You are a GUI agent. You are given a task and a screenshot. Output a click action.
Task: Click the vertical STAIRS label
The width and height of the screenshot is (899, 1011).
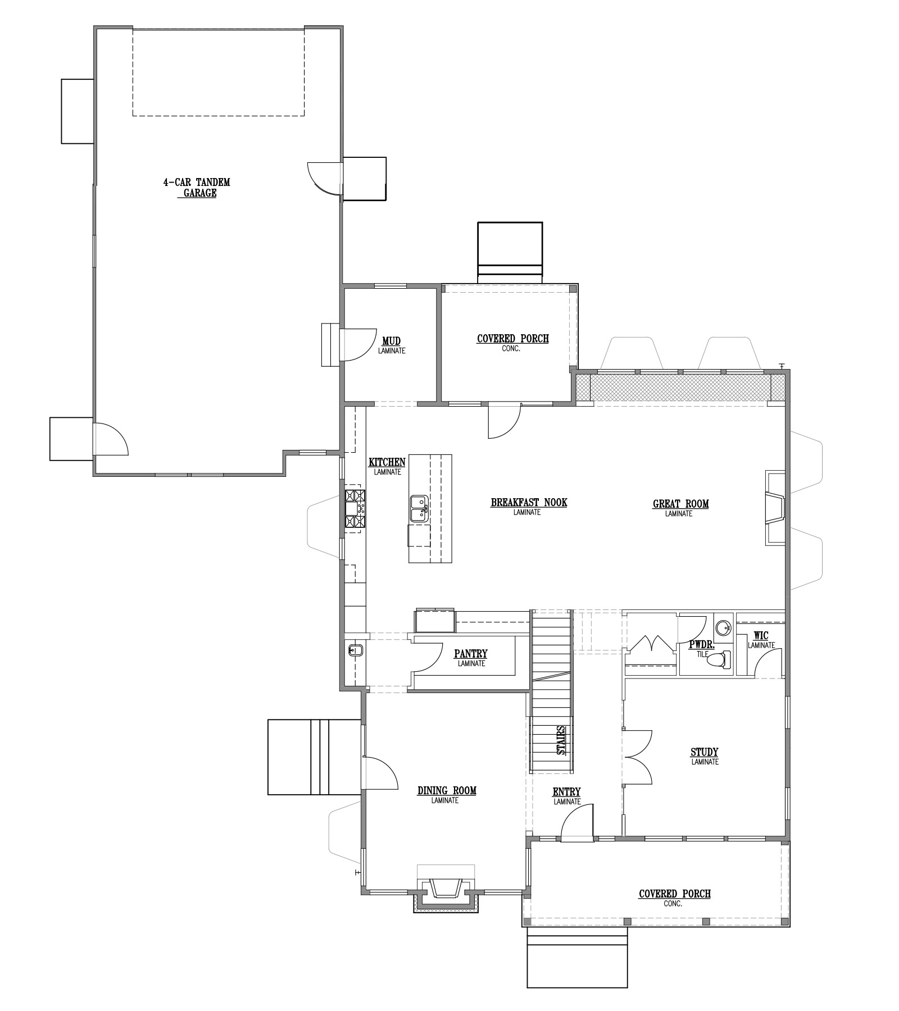tap(561, 740)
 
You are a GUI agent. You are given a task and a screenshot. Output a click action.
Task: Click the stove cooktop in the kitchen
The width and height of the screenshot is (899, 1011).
tap(355, 509)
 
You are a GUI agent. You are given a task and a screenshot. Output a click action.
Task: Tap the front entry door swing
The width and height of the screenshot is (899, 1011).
tap(577, 822)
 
